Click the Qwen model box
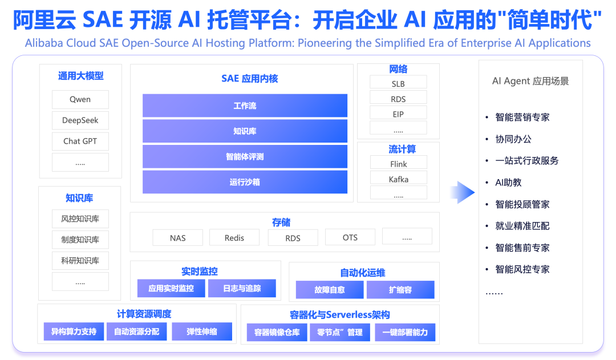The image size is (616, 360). click(x=80, y=99)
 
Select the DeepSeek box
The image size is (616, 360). click(x=80, y=120)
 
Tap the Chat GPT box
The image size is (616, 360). click(x=80, y=141)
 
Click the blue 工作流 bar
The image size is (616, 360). click(x=245, y=106)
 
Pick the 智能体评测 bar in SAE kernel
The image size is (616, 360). click(x=245, y=156)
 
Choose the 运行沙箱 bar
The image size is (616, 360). click(x=245, y=182)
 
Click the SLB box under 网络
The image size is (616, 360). click(x=398, y=83)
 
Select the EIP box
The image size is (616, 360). click(x=398, y=114)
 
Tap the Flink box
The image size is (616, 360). click(x=398, y=164)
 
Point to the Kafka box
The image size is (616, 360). click(x=398, y=179)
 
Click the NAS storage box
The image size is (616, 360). click(x=177, y=237)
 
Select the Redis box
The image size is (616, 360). click(x=234, y=237)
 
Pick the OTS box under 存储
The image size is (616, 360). click(x=350, y=237)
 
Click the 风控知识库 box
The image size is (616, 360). click(x=80, y=219)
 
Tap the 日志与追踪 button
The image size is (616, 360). click(x=242, y=289)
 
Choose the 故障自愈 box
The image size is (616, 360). click(x=329, y=290)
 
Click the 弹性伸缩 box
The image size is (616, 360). click(x=201, y=331)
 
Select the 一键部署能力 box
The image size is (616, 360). click(x=405, y=332)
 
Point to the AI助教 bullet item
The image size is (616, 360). click(x=508, y=183)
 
